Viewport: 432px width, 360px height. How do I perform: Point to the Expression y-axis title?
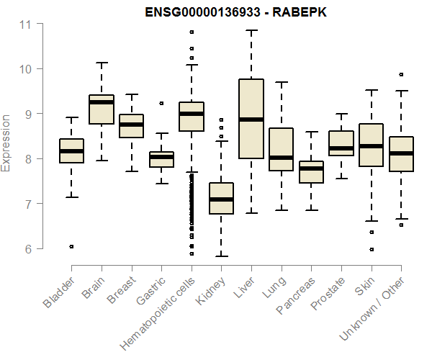[x=6, y=143]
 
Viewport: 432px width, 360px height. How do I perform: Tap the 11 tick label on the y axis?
[x=26, y=24]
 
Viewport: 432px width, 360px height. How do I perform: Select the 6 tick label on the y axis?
[x=26, y=249]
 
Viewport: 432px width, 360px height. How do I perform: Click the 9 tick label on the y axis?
[x=26, y=114]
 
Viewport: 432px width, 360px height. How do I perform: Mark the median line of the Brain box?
[x=102, y=102]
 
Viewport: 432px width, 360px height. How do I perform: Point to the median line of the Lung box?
[x=281, y=157]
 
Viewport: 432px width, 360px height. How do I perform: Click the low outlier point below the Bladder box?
[x=71, y=246]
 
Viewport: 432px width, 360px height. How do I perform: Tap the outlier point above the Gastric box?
[x=161, y=103]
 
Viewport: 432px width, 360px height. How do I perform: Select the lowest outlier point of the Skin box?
[x=371, y=249]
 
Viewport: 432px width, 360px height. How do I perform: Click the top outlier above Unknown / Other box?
[x=401, y=74]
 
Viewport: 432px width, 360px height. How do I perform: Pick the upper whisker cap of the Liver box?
[x=251, y=31]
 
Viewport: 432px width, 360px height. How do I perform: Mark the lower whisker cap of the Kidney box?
[x=221, y=256]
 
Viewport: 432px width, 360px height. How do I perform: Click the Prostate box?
[x=341, y=143]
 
